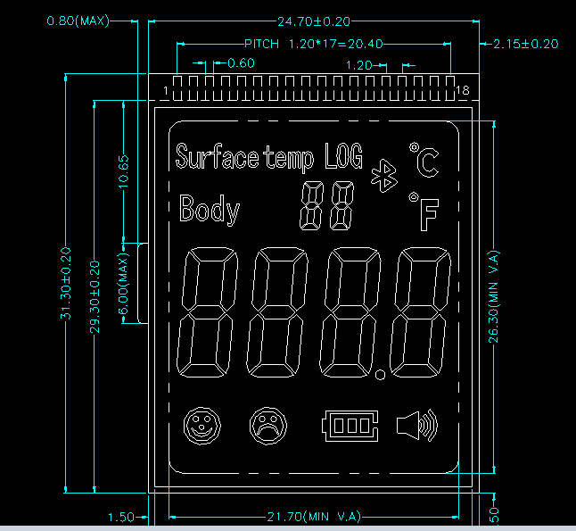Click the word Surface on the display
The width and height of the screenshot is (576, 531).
coord(217,158)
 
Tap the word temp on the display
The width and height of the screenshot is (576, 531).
coord(289,159)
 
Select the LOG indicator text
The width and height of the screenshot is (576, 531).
coord(343,157)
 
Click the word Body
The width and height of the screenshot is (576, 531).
coord(210,210)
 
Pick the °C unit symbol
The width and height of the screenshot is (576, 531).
coord(424,160)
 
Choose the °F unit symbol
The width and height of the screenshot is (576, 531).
coord(425,212)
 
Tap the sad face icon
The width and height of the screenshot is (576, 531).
coord(265,425)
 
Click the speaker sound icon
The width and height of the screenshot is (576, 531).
coord(416,426)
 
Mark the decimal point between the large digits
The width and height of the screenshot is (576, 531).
coord(382,375)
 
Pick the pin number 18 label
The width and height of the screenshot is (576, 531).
coord(462,91)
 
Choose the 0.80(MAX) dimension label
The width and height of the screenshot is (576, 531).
coord(78,20)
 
